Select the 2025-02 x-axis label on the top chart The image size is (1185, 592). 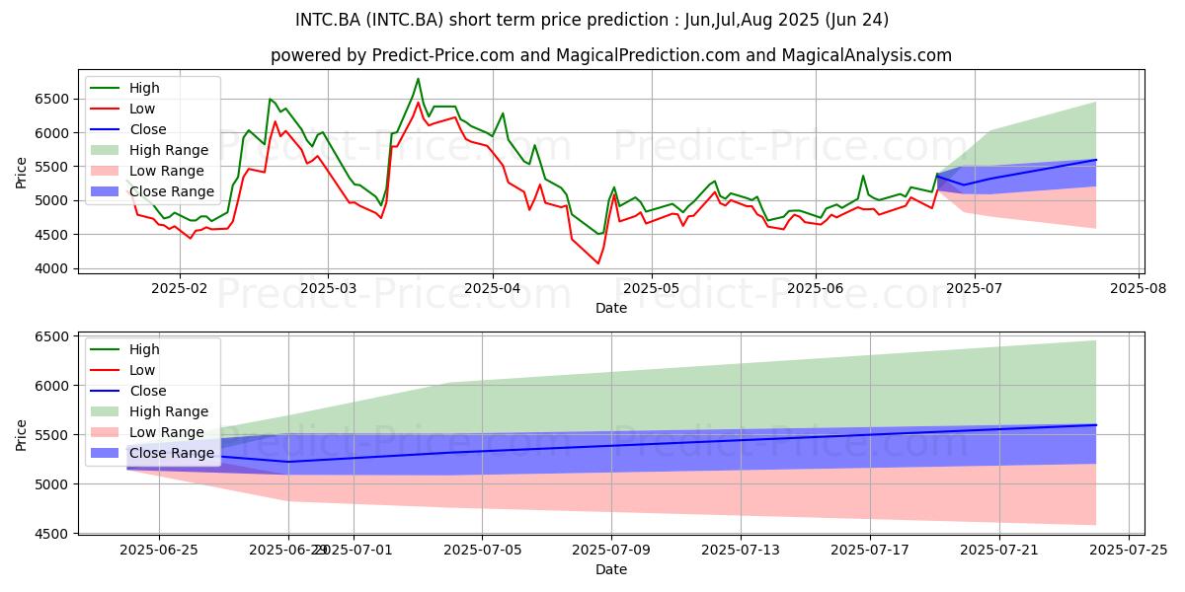180,288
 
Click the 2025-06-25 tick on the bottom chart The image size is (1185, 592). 159,550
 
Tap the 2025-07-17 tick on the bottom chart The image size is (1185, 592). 870,550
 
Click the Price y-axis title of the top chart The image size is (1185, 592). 22,173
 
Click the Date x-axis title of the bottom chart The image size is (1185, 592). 611,569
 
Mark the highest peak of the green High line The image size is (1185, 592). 418,79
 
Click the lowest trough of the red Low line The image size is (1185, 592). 597,263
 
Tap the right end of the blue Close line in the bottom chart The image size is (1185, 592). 1096,425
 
